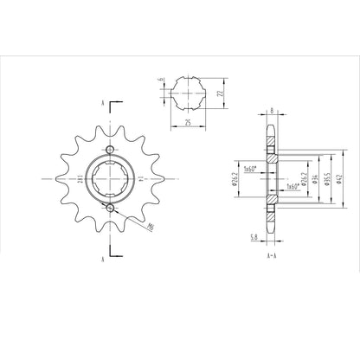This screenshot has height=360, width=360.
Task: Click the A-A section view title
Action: coord(271,257)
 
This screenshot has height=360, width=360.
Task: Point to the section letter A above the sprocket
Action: coord(103,103)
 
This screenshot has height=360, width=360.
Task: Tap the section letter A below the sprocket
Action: coord(103,258)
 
